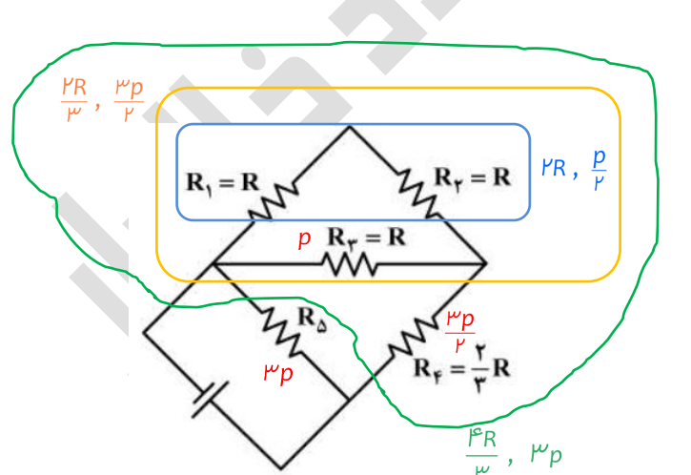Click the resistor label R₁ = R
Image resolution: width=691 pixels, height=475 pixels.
(216, 182)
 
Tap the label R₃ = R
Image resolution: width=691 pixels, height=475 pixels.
(367, 237)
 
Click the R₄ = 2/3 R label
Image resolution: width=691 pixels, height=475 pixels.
(463, 362)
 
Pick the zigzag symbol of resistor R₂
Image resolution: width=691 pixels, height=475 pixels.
(420, 191)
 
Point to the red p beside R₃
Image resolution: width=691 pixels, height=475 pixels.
(305, 238)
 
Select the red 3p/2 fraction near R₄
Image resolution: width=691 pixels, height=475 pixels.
(460, 326)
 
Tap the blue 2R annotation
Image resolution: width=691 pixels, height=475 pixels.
(554, 169)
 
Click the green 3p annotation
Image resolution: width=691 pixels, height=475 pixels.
(546, 452)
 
